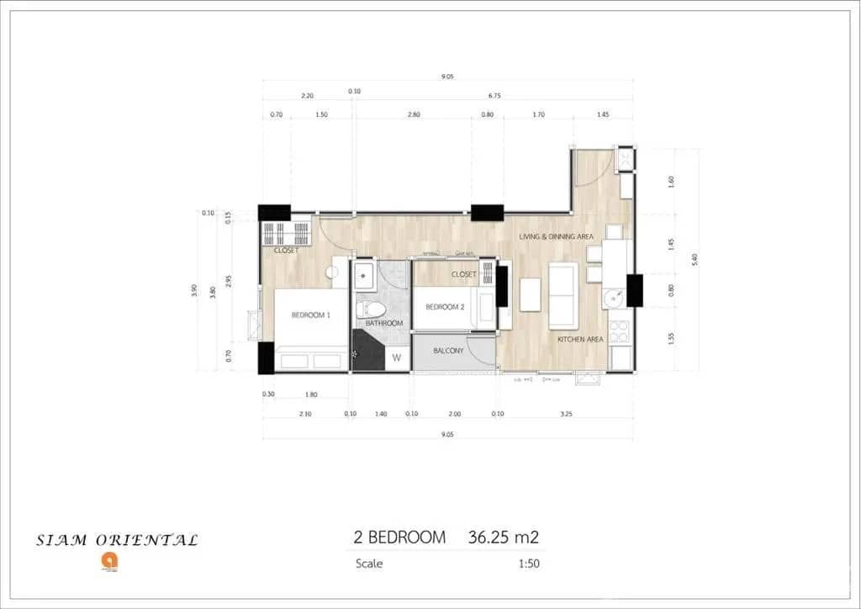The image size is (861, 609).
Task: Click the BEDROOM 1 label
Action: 310,315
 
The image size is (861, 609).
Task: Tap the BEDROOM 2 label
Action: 445,307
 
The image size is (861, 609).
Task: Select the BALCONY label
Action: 448,351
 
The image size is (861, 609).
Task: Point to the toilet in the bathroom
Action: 369,308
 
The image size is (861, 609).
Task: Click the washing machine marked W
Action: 397,358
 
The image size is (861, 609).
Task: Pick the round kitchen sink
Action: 612,297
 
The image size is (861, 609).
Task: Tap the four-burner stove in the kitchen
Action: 620,331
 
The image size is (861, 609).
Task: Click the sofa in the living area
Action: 563,296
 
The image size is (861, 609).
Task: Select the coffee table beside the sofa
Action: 530,294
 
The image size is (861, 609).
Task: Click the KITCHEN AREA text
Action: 580,339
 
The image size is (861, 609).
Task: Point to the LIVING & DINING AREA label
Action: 556,237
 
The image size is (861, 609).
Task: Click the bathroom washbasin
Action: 364,273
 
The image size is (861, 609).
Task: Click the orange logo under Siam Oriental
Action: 108,560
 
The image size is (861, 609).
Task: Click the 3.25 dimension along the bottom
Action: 565,414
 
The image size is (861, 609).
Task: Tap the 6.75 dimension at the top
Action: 494,96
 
